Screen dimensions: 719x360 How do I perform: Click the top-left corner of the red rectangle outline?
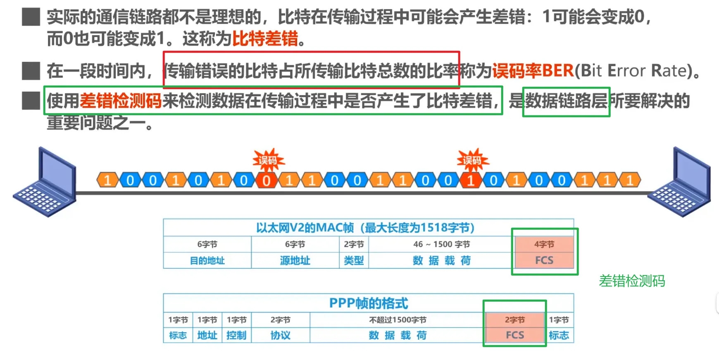pos(164,52)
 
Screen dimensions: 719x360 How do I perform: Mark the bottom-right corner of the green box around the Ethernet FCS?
pos(578,274)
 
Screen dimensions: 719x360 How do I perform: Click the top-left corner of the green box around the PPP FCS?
pos(484,301)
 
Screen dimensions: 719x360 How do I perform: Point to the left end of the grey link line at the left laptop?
pos(77,193)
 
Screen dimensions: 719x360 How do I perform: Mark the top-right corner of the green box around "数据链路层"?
pos(609,88)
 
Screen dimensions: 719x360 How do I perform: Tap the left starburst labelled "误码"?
pos(268,160)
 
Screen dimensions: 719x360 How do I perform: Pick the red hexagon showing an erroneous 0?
pos(267,181)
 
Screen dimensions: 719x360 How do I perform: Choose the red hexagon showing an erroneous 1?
pos(471,181)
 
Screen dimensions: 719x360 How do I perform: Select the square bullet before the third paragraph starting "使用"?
pos(31,101)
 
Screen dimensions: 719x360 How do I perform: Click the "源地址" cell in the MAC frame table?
pos(295,260)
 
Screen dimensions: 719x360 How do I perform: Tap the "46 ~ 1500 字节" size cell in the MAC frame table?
pos(441,244)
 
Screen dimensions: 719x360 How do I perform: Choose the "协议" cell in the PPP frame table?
pos(281,335)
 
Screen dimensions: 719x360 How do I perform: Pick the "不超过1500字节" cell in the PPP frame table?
pos(398,320)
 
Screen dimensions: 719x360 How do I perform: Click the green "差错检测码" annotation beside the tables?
pos(632,281)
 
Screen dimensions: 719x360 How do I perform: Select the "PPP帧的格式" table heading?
pos(369,303)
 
